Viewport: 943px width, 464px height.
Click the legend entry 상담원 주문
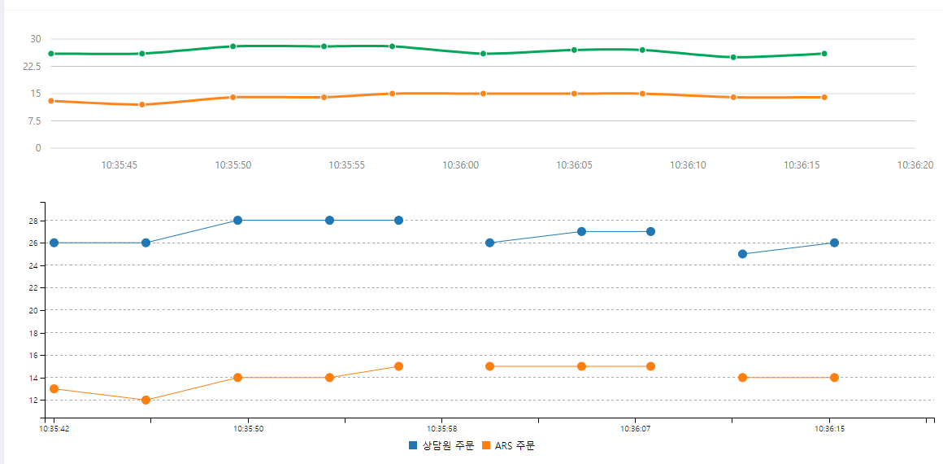[x=441, y=445]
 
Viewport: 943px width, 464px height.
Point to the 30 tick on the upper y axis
[x=35, y=39]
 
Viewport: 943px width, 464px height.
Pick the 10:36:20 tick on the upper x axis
[x=915, y=164]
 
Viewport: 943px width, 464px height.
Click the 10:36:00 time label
[x=460, y=164]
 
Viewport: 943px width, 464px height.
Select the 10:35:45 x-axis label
[x=120, y=164]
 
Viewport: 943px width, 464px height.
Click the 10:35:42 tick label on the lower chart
[x=54, y=428]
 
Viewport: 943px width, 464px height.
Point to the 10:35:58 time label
[x=441, y=428]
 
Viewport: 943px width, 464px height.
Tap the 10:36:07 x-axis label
[x=635, y=428]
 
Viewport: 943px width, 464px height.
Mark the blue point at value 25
[x=742, y=254]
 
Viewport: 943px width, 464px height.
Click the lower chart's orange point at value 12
[x=146, y=400]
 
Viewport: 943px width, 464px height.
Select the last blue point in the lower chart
[x=834, y=243]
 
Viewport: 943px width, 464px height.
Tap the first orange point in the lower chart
[x=54, y=388]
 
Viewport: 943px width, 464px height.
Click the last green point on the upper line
[x=824, y=54]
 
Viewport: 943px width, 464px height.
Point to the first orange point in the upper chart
[x=51, y=101]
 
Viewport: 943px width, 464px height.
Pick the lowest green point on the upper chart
[x=733, y=57]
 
